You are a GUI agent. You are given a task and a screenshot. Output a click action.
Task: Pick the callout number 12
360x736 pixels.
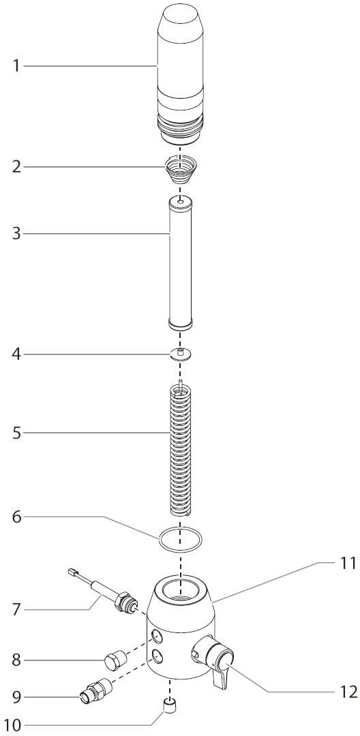(348, 692)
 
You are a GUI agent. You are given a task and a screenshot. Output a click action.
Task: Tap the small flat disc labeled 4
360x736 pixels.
(181, 354)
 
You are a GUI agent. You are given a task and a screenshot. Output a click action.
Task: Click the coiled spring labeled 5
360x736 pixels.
(181, 450)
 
